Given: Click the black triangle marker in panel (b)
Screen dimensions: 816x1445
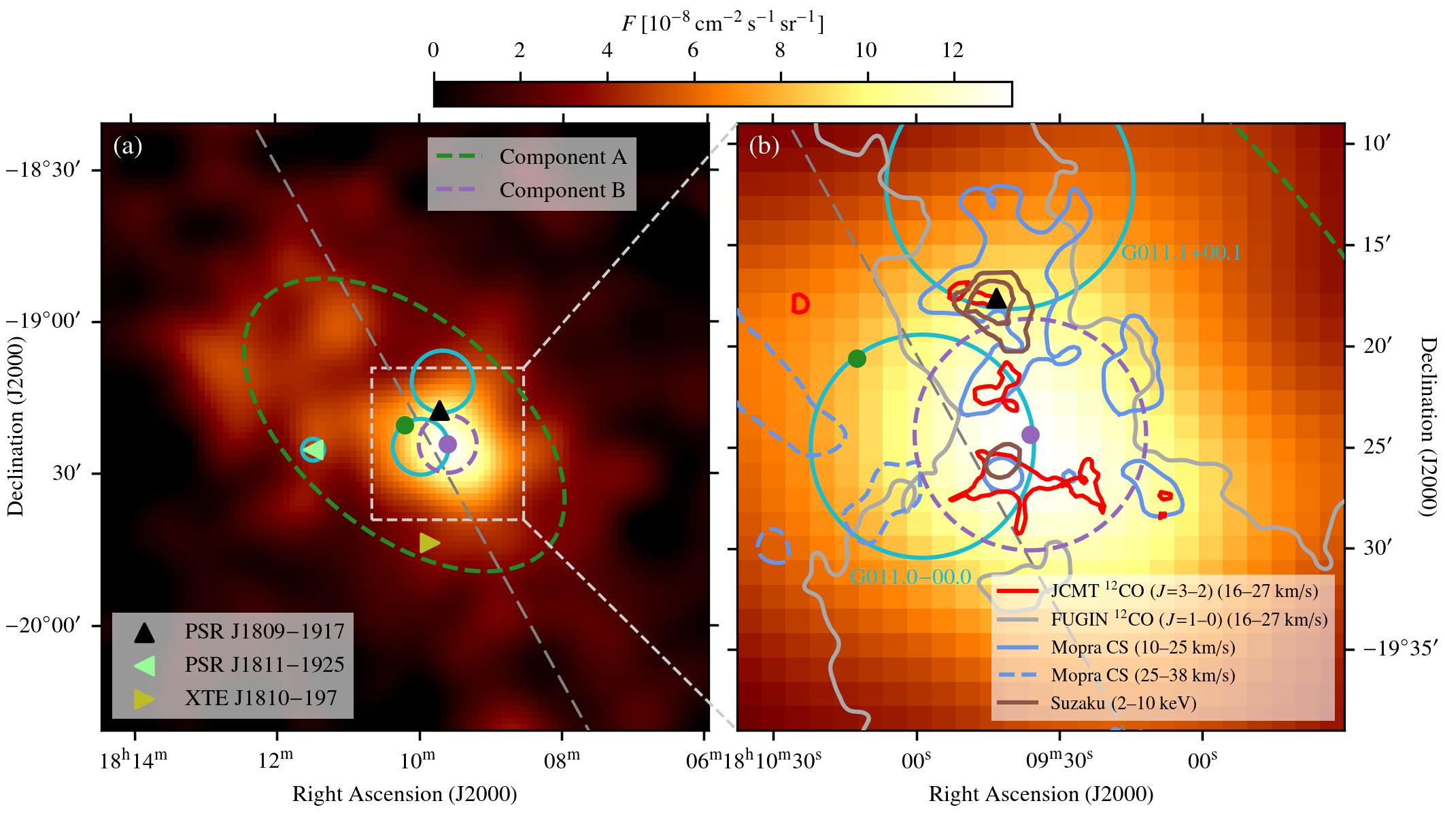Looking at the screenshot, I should tap(996, 299).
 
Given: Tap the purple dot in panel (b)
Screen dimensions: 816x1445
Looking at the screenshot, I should tap(1030, 435).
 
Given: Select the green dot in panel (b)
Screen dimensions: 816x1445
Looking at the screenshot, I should tap(857, 358).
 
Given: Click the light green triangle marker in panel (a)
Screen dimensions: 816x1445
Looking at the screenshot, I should tap(314, 449).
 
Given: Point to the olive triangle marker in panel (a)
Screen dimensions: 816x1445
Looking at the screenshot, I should tap(429, 543).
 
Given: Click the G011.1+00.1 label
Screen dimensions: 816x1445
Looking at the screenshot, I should tap(1181, 253).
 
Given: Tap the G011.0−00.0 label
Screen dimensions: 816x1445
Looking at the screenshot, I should tap(911, 577).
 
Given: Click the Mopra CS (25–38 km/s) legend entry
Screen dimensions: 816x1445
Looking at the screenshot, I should tap(1142, 675).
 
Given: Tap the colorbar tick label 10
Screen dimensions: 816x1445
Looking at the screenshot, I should tap(866, 50).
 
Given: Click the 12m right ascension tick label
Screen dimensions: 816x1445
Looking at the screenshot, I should tap(275, 760).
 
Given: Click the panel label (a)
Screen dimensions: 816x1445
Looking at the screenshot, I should tap(128, 146).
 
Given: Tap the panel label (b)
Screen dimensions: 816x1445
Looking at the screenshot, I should tap(764, 146).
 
